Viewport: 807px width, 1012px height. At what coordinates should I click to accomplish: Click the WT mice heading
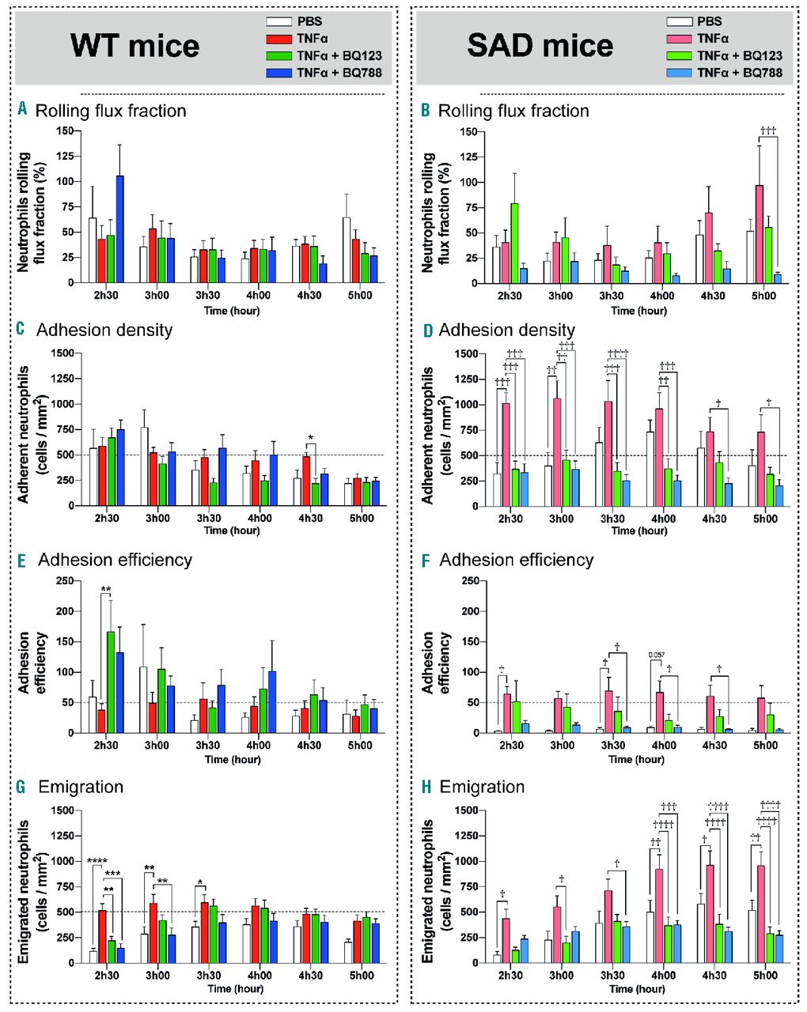[x=134, y=45]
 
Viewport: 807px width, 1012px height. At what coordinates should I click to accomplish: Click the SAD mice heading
[x=540, y=45]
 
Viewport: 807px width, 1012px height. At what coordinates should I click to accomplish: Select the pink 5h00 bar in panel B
[x=759, y=234]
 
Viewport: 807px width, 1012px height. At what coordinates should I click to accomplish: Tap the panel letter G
[x=21, y=787]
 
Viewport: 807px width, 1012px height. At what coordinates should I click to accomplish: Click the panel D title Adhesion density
[x=507, y=330]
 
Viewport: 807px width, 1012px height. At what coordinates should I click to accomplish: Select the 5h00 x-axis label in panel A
[x=361, y=296]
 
